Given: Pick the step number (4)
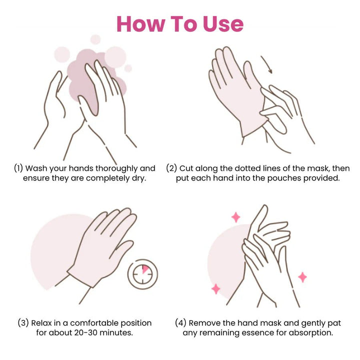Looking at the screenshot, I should tap(181, 323).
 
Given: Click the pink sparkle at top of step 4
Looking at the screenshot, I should tap(235, 217).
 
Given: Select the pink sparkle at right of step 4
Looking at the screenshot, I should tap(302, 277).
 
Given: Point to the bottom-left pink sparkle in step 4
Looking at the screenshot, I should tap(216, 288).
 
